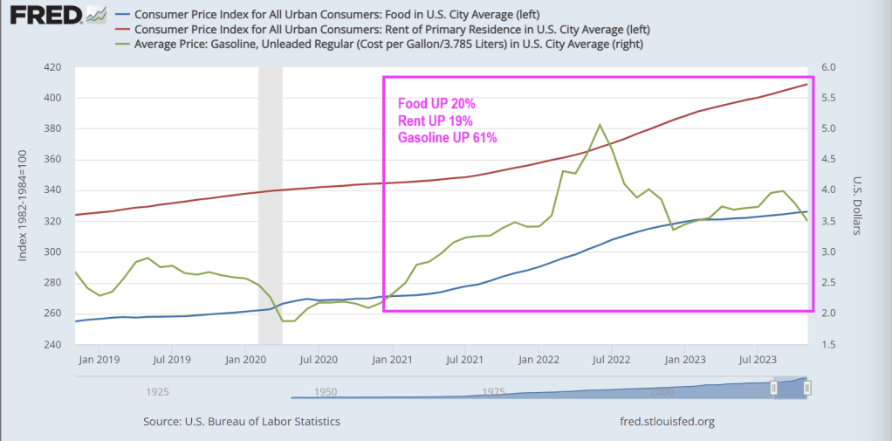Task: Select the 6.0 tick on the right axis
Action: point(828,67)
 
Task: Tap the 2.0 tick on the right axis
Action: point(828,314)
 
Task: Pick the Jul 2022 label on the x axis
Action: point(613,359)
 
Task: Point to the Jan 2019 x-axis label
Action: point(98,359)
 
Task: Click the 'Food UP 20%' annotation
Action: point(436,104)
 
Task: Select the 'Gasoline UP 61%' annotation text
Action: point(448,138)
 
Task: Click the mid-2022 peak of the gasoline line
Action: point(600,125)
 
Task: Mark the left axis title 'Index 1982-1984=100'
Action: point(23,206)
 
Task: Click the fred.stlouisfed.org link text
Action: point(665,421)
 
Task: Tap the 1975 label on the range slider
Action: point(494,392)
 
